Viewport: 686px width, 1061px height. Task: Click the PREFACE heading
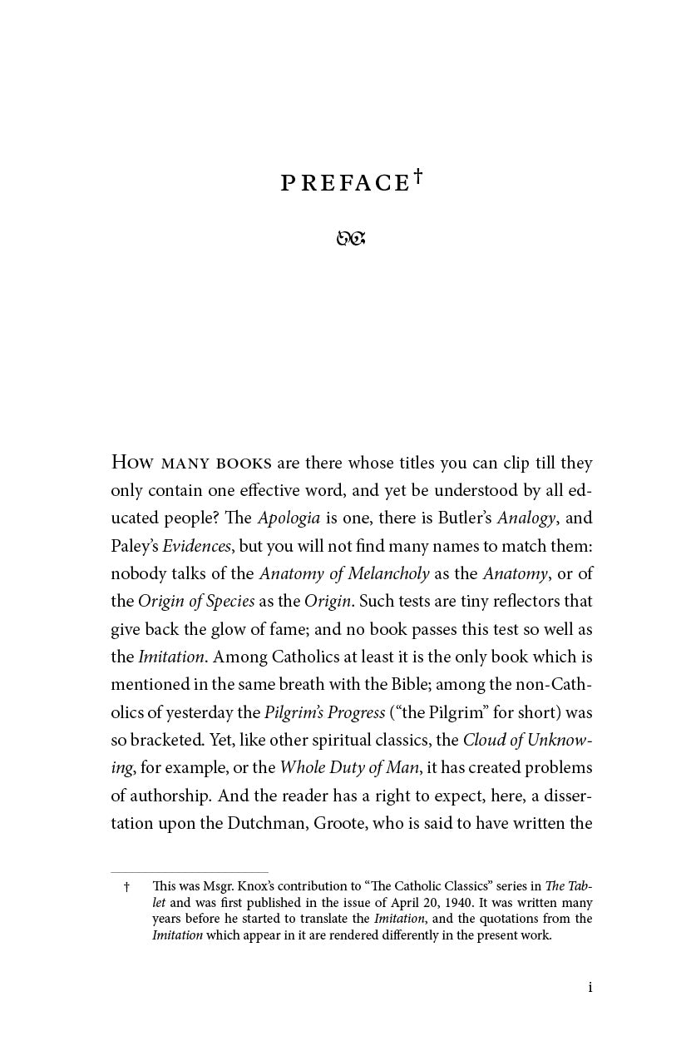[345, 184]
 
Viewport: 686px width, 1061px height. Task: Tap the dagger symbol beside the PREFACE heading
[417, 176]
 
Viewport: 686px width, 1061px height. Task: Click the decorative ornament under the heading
[351, 239]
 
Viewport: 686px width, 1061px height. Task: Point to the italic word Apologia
[289, 518]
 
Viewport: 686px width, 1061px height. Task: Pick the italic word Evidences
[196, 546]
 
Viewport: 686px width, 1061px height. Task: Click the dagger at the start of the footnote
[126, 887]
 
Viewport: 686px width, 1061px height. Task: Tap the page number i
[590, 988]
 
